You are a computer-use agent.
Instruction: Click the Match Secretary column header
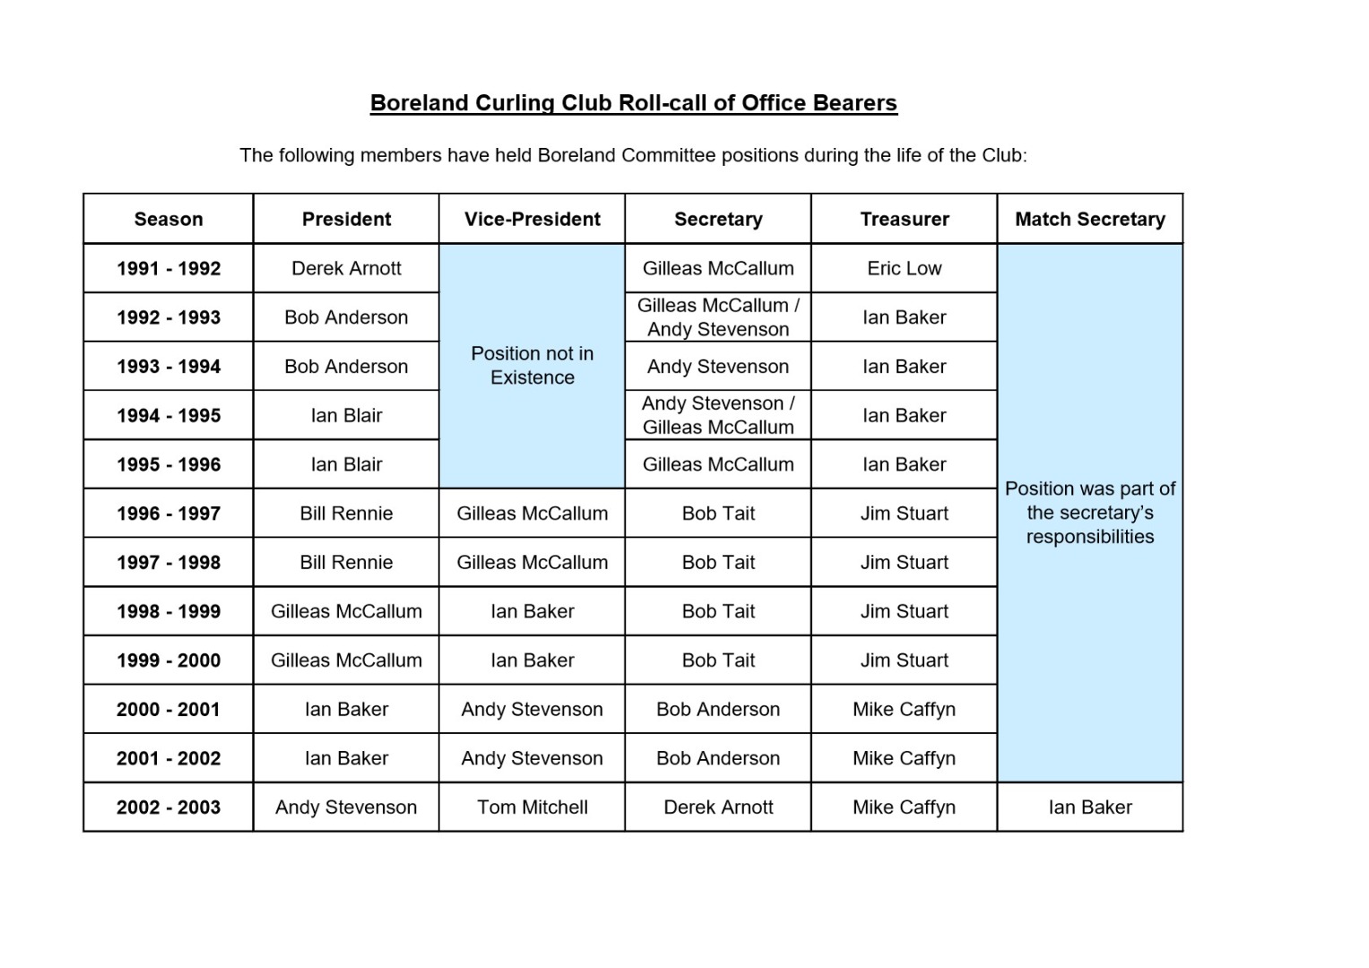click(x=1089, y=219)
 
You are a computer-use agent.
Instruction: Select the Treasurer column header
click(x=904, y=219)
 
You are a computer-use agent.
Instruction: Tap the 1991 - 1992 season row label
click(x=169, y=268)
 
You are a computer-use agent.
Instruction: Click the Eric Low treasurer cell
click(x=904, y=268)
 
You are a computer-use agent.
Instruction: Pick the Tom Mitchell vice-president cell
click(x=532, y=807)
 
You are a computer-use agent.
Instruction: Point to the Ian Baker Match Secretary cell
click(x=1089, y=807)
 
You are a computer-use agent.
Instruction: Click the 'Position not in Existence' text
click(x=532, y=366)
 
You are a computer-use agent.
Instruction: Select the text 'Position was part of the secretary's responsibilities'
click(x=1089, y=513)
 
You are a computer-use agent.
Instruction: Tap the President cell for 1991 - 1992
click(x=346, y=268)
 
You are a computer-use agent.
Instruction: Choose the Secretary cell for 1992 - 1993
click(x=718, y=317)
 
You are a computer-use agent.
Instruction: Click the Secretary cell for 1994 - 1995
click(x=718, y=415)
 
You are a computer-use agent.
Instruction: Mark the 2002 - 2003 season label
click(x=169, y=807)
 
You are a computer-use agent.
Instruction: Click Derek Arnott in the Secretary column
click(x=718, y=807)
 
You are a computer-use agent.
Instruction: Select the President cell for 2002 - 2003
click(x=346, y=807)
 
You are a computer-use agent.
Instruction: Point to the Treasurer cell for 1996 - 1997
click(x=904, y=514)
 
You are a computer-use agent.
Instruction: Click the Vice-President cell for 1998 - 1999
click(x=532, y=611)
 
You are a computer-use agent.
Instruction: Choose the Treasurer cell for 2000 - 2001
click(x=904, y=709)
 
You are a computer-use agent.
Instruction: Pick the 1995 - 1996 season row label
click(x=169, y=464)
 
